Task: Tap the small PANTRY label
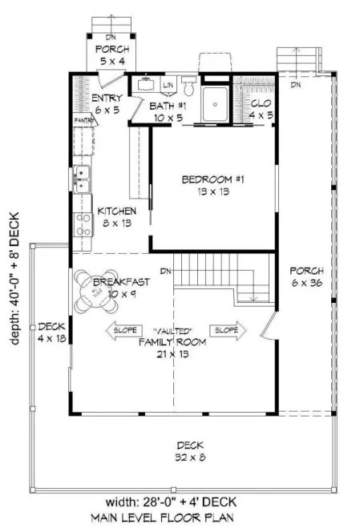(84, 119)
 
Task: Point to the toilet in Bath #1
(189, 84)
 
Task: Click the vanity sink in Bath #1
(147, 83)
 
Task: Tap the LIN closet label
(168, 85)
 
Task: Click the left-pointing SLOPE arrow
(119, 329)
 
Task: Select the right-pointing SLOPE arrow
(226, 329)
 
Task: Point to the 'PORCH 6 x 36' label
(305, 276)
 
